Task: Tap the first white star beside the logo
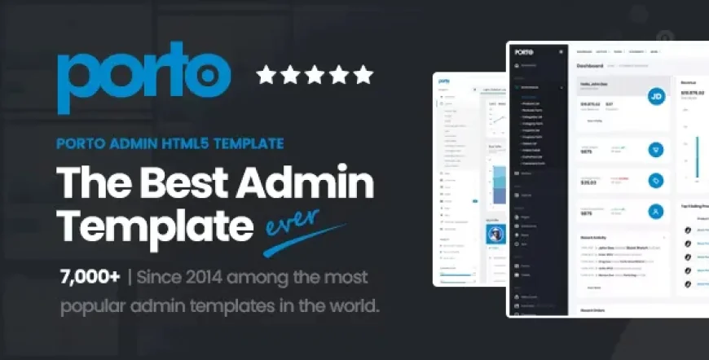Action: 266,76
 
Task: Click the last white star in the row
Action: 363,76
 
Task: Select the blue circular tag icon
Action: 654,180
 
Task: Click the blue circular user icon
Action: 654,211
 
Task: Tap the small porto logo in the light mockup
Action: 445,81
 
